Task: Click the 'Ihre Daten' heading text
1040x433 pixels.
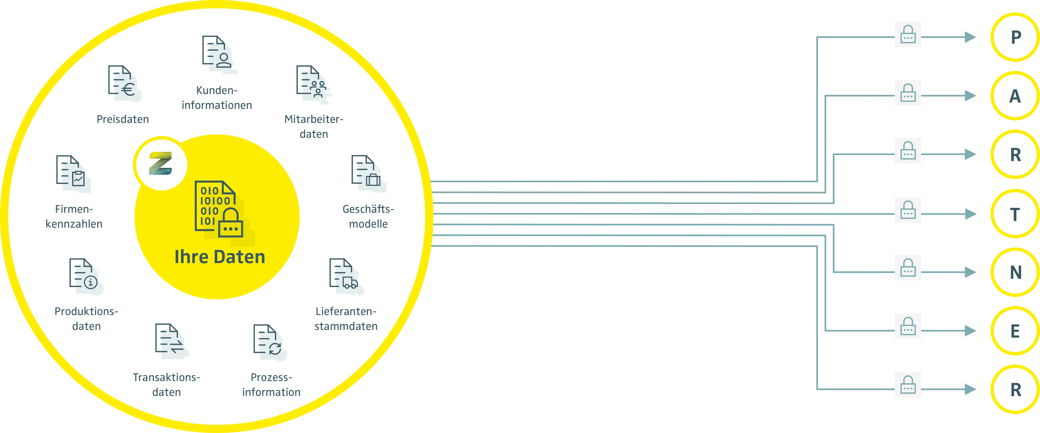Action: coord(220,257)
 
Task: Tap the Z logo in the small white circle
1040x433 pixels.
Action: coord(161,163)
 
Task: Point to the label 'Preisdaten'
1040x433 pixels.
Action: coord(123,119)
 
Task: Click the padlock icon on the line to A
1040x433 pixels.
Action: coord(908,93)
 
